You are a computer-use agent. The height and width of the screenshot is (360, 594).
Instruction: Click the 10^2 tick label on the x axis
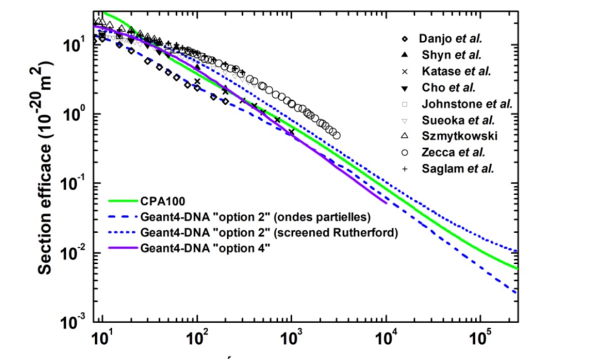pos(196,339)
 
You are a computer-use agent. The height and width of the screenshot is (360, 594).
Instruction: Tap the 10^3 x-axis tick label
pos(290,339)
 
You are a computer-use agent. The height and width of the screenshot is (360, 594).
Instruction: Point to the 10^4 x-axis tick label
pos(385,339)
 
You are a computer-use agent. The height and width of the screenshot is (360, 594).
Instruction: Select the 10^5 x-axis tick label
pos(479,339)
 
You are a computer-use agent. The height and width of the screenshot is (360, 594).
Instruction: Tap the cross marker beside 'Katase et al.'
pos(405,71)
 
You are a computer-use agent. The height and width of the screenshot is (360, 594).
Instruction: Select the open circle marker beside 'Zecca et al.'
pos(405,152)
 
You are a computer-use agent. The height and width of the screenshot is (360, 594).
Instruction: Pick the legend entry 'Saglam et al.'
pos(454,168)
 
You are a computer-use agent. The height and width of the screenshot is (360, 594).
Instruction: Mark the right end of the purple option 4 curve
pos(385,203)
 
